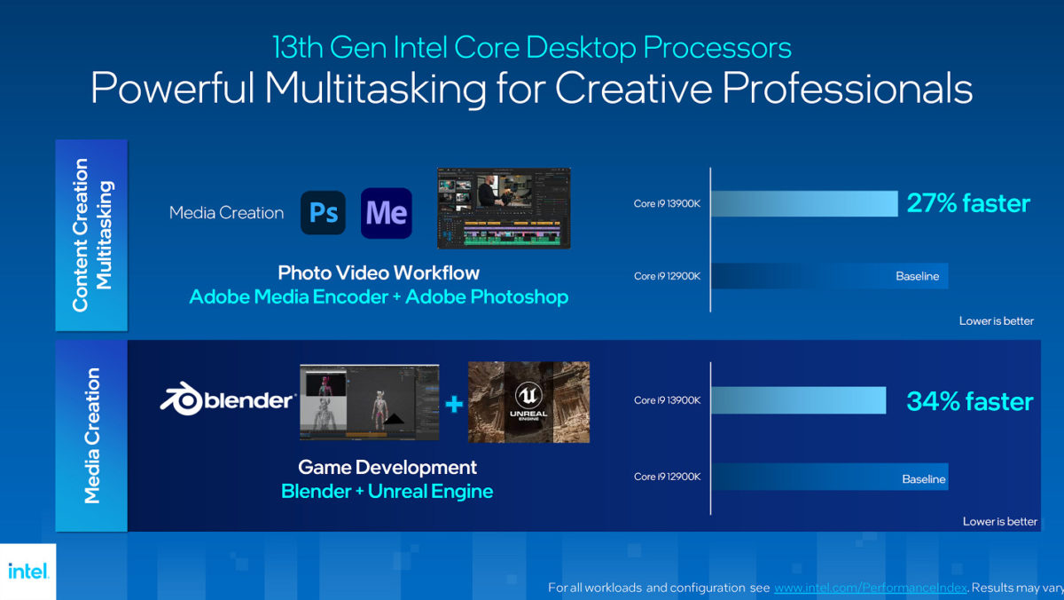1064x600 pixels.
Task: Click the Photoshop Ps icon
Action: (323, 213)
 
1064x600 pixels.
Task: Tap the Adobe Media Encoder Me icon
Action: (387, 213)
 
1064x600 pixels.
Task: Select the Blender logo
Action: (228, 401)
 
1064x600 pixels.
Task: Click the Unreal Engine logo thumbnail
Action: (528, 402)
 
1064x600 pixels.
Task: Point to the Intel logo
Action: (28, 571)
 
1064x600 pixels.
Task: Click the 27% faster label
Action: (968, 203)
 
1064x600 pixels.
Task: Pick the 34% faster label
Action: (969, 401)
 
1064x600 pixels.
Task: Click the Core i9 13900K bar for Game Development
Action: (799, 400)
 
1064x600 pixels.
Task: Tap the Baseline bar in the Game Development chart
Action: (830, 478)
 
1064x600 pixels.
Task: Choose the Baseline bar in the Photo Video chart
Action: (830, 276)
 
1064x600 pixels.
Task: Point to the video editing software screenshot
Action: (504, 209)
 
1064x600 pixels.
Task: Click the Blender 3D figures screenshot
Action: (369, 402)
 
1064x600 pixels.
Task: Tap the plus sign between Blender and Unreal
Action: (454, 405)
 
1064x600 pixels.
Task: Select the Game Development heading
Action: (387, 467)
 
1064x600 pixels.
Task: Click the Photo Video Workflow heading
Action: (379, 272)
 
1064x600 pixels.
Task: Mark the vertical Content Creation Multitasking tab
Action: (91, 234)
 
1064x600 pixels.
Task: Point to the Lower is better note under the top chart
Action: (997, 320)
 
